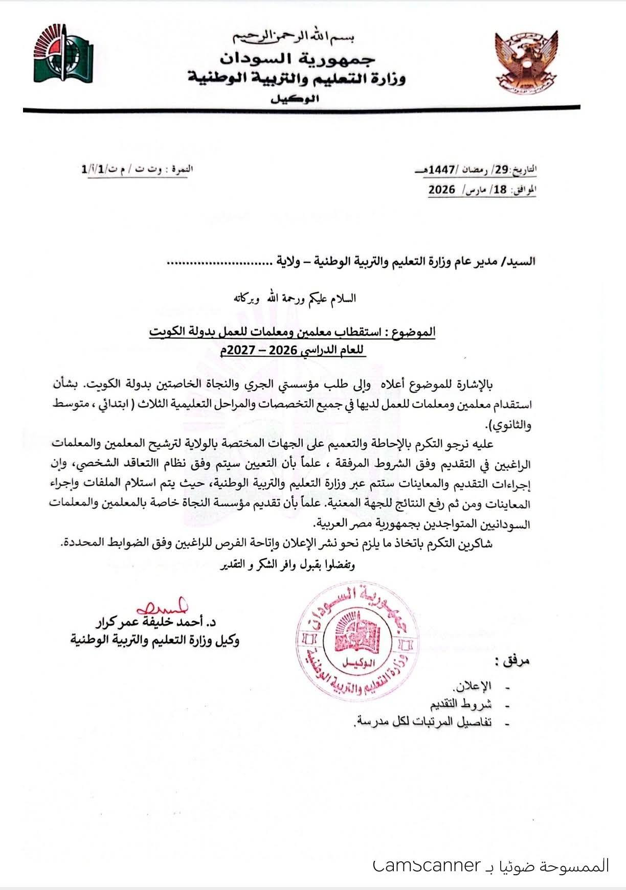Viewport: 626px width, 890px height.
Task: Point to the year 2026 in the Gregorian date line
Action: (x=441, y=189)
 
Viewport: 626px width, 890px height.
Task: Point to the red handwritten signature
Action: (x=164, y=607)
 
